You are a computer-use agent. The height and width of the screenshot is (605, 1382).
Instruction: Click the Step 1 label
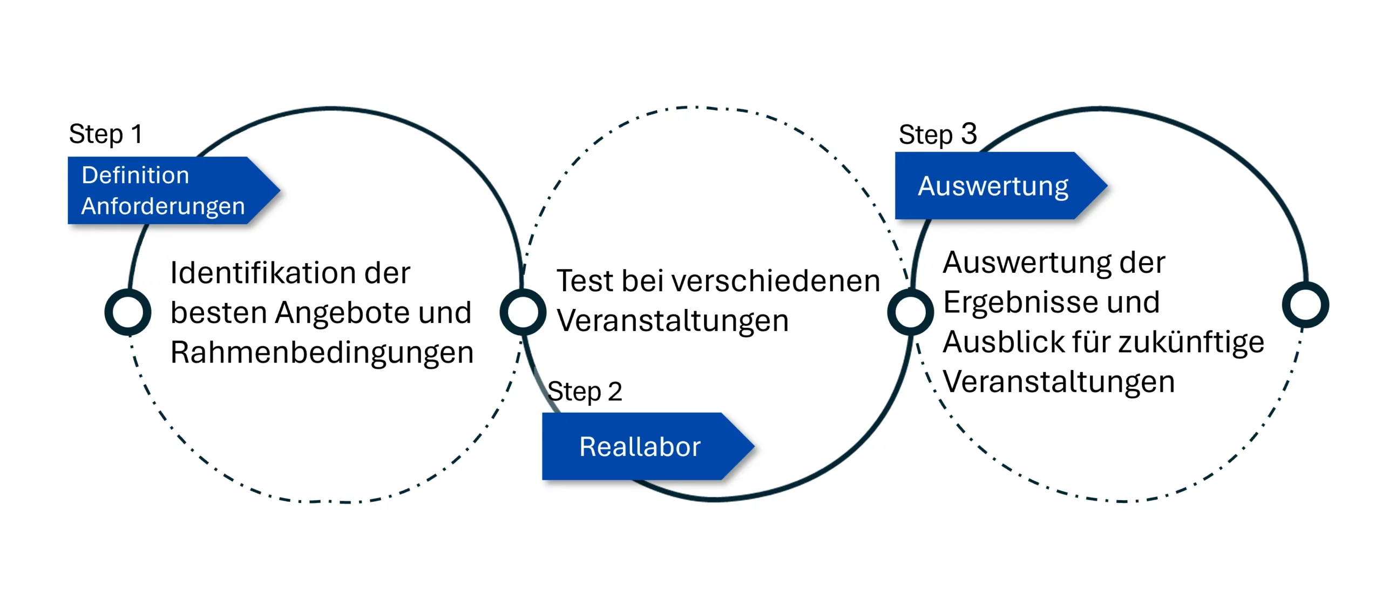106,134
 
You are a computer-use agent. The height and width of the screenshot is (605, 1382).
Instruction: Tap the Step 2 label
585,392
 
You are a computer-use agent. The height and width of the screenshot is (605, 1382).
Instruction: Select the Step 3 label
938,134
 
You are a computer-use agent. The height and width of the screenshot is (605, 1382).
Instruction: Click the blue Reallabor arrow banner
640,447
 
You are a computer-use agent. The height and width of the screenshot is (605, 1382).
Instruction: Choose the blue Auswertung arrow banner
993,186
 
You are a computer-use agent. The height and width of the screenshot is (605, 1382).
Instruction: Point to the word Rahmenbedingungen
322,353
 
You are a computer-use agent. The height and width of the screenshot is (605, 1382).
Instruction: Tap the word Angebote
342,313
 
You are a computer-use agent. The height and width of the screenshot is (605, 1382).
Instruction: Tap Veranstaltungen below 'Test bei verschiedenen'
673,321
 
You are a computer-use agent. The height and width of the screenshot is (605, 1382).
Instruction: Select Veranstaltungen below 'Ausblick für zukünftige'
1059,382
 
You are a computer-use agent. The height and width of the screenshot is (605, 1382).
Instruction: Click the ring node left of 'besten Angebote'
128,312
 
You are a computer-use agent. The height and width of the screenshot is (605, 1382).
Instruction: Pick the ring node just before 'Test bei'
523,312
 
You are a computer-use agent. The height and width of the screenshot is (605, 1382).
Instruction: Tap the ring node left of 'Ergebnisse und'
910,312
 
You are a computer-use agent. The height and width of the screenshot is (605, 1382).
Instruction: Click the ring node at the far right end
1305,305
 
